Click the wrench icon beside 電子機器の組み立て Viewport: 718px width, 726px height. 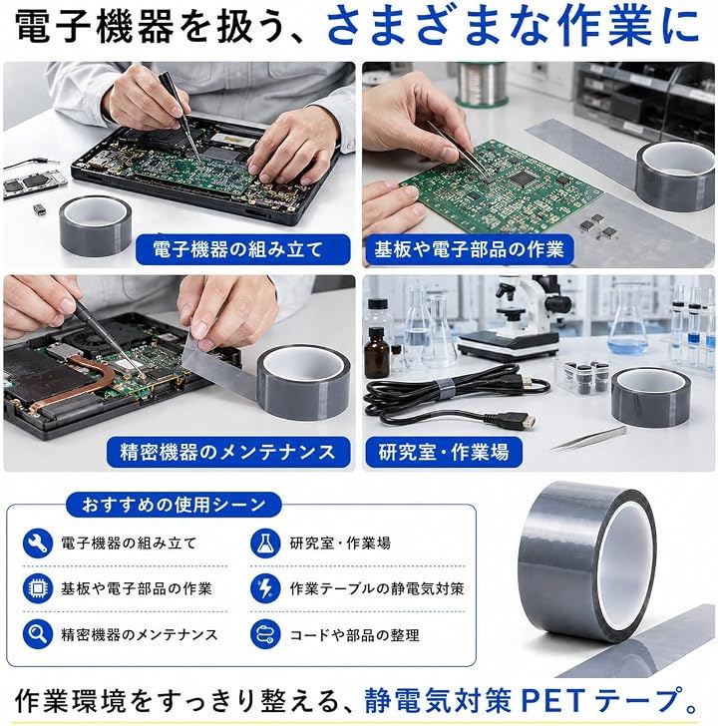38,543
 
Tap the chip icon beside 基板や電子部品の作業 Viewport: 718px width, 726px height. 38,588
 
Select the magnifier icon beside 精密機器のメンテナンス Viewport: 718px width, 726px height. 38,634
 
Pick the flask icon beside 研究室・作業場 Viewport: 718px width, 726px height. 265,543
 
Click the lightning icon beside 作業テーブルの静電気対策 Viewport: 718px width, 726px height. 265,588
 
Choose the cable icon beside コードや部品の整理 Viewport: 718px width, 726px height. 265,634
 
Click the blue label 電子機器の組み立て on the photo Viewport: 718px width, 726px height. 242,249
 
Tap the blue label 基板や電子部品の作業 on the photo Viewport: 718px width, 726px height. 470,249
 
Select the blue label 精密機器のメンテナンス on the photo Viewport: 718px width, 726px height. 228,452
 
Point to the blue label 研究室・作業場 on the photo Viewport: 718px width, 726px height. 444,452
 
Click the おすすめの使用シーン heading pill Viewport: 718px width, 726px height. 174,505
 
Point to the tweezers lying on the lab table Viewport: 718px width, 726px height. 588,439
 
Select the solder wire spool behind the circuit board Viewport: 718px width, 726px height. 481,84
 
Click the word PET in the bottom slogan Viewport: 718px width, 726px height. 550,700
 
